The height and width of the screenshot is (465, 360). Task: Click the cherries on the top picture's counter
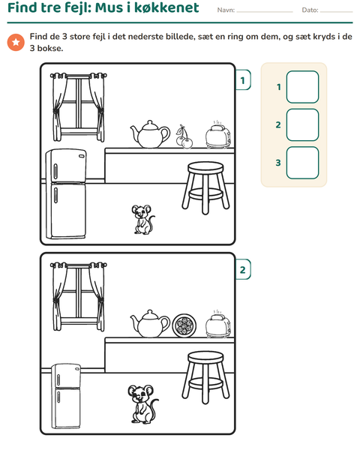(x=184, y=137)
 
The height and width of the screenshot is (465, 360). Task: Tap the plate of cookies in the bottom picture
(x=184, y=325)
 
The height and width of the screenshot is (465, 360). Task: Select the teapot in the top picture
(x=150, y=134)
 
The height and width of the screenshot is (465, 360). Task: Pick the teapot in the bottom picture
(x=150, y=324)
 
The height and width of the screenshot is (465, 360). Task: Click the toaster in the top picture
(x=218, y=135)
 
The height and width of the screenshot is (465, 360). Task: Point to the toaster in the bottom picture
(x=218, y=325)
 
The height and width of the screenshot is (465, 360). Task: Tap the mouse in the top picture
(x=143, y=220)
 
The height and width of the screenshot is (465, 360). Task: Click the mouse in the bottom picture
(x=142, y=404)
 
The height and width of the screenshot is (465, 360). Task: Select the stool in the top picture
(x=205, y=187)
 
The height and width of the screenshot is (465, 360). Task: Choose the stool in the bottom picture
(x=205, y=377)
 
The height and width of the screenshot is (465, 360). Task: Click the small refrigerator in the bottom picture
(x=66, y=396)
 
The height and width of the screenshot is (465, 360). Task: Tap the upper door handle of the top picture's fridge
(x=55, y=172)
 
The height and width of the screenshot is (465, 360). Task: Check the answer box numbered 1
(x=302, y=87)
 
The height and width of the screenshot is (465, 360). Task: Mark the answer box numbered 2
(x=302, y=124)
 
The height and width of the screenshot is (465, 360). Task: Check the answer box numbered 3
(x=302, y=163)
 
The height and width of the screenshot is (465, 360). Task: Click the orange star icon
(x=16, y=42)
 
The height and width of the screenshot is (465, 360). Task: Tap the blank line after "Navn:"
(x=265, y=12)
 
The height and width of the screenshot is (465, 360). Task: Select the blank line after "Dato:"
(x=337, y=12)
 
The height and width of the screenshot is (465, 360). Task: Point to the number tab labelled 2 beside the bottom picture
(x=243, y=269)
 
